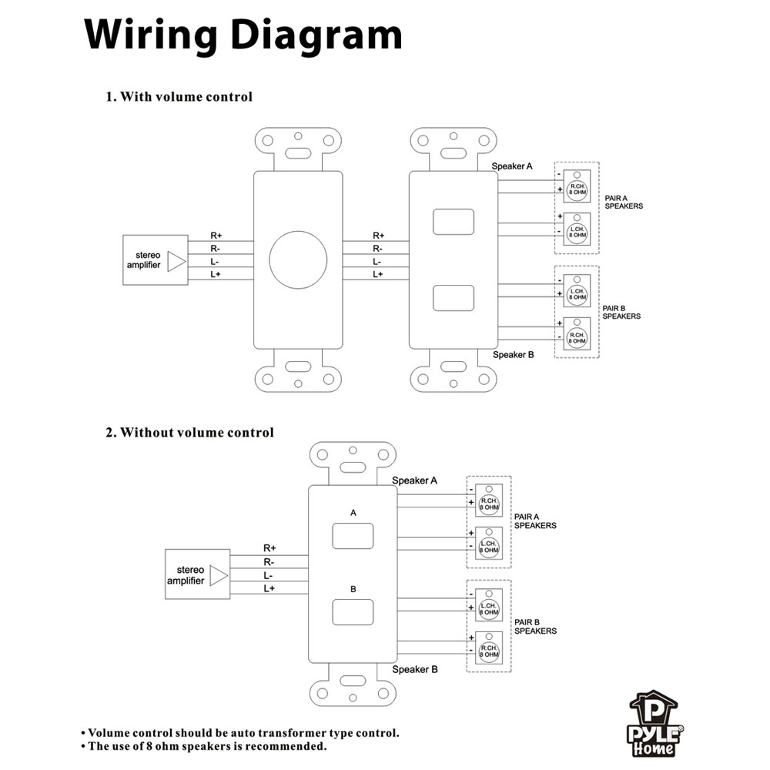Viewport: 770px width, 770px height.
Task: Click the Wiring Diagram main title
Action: coord(243,35)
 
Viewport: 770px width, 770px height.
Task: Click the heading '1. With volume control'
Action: coord(179,97)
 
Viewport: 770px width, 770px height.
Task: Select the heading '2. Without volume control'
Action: coord(189,433)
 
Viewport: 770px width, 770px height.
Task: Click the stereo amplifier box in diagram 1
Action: coord(156,260)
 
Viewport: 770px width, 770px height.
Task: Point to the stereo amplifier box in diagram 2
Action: coord(198,575)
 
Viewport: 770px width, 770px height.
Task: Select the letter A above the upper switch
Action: coord(353,512)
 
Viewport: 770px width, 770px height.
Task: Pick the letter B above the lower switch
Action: coord(353,589)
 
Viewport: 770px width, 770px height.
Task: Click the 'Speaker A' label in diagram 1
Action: coord(512,166)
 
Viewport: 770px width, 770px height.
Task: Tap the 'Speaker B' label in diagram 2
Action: coord(415,669)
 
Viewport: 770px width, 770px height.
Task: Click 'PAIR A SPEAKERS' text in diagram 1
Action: coord(623,203)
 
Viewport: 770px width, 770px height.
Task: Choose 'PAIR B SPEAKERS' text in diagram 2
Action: coord(535,626)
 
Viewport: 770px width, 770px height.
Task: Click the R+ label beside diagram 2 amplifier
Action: coord(269,548)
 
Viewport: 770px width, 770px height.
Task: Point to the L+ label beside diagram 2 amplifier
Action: coord(269,588)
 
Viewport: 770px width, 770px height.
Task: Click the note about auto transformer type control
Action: coord(240,733)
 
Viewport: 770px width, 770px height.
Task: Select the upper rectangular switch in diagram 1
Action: coord(453,221)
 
